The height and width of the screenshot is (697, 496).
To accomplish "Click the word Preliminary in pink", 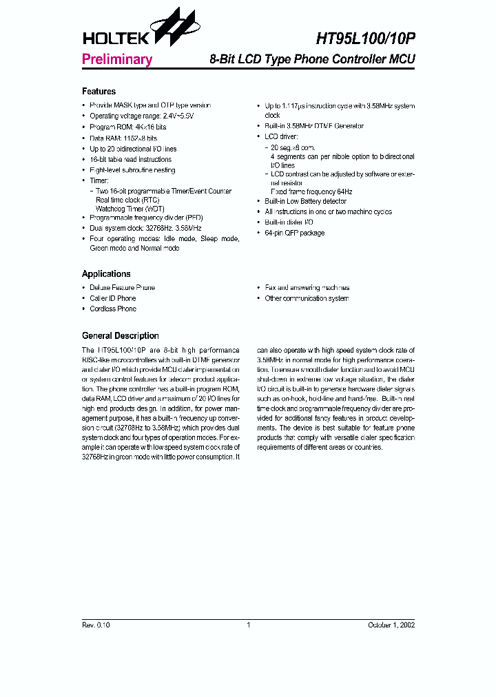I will click(116, 59).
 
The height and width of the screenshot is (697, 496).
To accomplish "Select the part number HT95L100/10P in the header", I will click(360, 39).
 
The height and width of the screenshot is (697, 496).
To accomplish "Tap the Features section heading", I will click(99, 92).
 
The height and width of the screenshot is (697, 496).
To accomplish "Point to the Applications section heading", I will click(106, 273).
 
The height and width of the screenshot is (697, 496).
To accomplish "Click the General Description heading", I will click(120, 336).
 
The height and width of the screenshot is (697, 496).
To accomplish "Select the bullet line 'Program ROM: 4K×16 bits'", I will click(127, 127).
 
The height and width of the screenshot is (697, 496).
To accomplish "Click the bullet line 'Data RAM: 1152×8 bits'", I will click(123, 138).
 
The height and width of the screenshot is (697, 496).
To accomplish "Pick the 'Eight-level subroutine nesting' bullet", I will click(132, 170).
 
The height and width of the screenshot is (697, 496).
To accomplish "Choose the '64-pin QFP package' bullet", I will click(294, 233).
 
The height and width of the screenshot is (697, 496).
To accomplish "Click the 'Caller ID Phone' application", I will click(113, 298).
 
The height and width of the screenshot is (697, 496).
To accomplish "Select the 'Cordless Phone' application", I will click(113, 309).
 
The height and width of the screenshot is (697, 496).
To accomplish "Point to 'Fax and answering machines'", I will click(307, 288).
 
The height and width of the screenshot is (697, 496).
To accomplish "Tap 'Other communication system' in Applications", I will click(307, 298).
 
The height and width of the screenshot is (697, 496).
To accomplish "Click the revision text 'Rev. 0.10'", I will click(96, 625).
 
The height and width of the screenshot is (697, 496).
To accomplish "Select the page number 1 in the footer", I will click(248, 625).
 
